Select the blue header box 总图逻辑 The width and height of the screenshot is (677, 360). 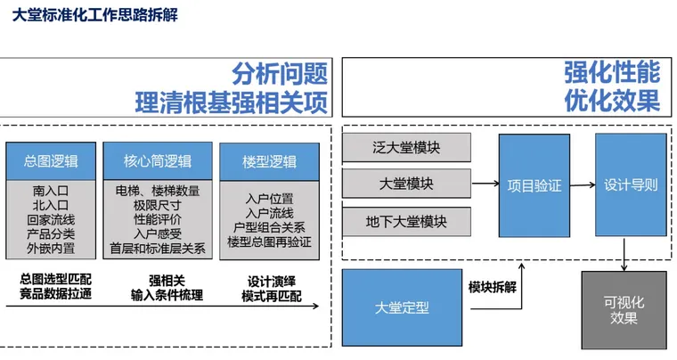51,161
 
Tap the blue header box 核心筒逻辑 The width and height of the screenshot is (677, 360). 157,161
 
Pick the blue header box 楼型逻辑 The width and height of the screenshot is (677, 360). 268,162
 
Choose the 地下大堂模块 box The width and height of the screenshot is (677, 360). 405,220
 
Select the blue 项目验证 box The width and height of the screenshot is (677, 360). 534,185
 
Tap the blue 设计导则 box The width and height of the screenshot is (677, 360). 631,185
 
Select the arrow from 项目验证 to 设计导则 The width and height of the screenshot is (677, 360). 583,185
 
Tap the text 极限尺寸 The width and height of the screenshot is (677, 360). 157,205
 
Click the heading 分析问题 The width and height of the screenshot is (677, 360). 280,73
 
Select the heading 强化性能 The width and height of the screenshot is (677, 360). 612,72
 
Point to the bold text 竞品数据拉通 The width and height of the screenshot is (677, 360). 55,294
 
